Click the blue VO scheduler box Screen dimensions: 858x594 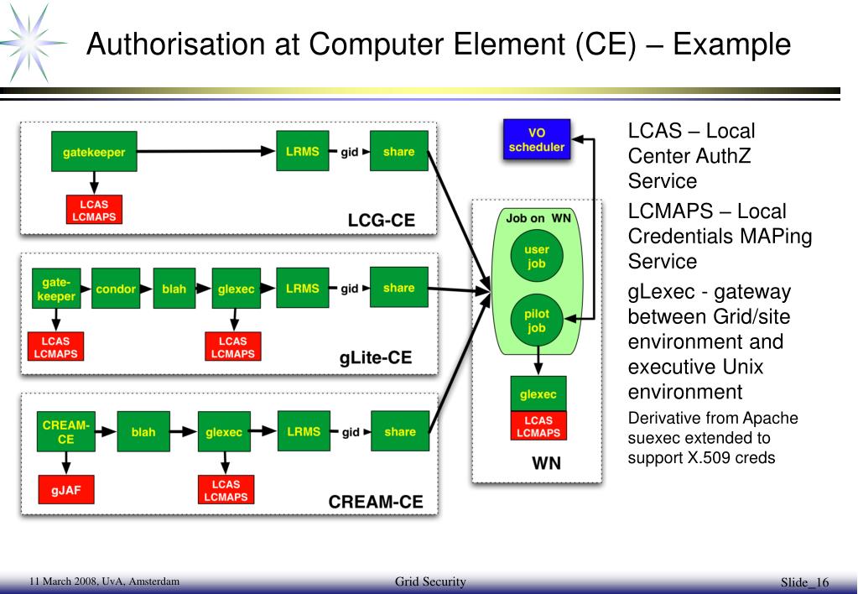(x=537, y=139)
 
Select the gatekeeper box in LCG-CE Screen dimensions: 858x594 (x=94, y=152)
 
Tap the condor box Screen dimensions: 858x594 (x=116, y=289)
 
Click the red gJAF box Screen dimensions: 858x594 (x=66, y=489)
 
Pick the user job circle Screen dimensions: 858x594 (x=536, y=256)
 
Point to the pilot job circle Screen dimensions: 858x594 (x=536, y=320)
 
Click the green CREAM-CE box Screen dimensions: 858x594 (x=65, y=432)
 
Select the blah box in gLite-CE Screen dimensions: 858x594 (x=174, y=289)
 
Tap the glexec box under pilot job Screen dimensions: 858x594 (x=538, y=394)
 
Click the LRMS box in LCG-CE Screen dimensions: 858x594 (x=303, y=151)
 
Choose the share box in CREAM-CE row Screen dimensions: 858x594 (x=400, y=431)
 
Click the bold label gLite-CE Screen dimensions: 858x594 (x=376, y=357)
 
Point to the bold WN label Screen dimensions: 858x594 (x=547, y=463)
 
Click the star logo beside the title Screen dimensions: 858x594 (x=32, y=43)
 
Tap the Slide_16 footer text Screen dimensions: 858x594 (x=804, y=582)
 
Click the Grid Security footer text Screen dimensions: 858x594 (x=430, y=581)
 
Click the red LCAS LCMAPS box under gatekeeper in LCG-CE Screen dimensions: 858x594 (x=94, y=210)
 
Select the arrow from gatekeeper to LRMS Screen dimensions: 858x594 (x=206, y=151)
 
